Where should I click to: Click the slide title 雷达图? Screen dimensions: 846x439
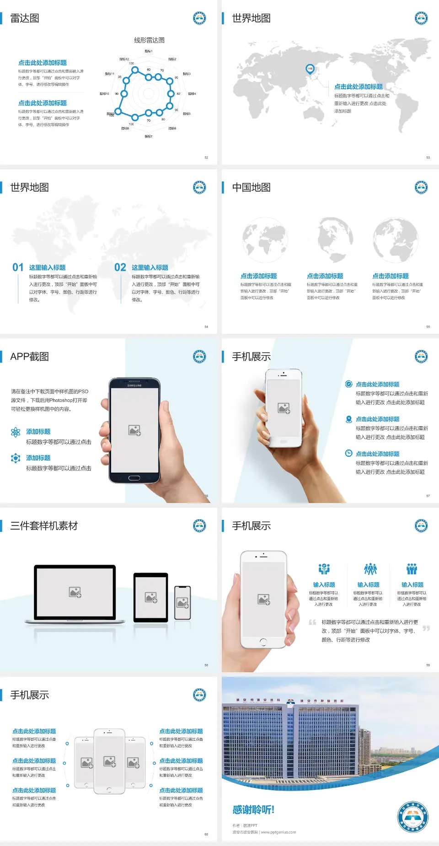pos(25,18)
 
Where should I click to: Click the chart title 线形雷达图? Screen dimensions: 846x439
pos(149,40)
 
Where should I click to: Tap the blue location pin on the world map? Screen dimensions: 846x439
pos(310,69)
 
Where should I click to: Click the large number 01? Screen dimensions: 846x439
pos(18,268)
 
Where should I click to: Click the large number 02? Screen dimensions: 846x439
pos(120,268)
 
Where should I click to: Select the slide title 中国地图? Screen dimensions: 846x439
pos(251,187)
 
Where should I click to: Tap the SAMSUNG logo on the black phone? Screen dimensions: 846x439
pos(134,386)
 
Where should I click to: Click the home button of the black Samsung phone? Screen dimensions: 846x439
pos(134,478)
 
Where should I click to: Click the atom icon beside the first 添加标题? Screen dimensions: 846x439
pos(16,432)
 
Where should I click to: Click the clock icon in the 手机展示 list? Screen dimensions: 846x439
pos(348,453)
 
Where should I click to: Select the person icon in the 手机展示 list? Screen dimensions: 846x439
pos(348,419)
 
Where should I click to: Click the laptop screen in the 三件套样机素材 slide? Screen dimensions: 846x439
pos(75,592)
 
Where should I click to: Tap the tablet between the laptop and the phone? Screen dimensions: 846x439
pos(151,597)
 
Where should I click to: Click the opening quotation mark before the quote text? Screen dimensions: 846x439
pos(312,622)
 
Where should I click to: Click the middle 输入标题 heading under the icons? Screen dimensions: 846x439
pos(368,585)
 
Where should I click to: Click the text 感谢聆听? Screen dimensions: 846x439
pos(253,810)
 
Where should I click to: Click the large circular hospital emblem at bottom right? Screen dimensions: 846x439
pos(413,816)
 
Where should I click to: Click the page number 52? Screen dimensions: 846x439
pos(206,157)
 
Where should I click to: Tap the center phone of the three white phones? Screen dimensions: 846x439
pos(109,761)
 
